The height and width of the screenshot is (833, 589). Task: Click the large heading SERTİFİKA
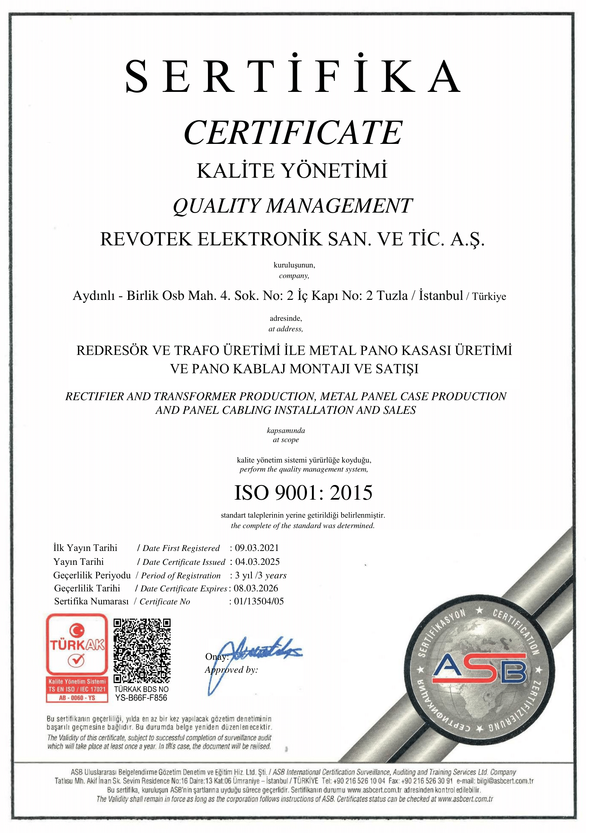pos(293,77)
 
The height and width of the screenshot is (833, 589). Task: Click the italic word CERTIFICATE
pos(293,132)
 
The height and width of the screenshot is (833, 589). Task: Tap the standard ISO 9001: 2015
pos(303,493)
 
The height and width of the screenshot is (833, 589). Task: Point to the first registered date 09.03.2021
pos(257,548)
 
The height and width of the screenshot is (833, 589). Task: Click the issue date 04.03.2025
pos(257,562)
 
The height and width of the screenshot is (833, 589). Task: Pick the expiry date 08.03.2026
pos(256,588)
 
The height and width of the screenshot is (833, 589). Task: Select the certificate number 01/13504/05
pos(259,601)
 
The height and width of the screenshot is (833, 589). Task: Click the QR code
pos(142,651)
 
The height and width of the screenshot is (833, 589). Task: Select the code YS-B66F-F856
pos(141,698)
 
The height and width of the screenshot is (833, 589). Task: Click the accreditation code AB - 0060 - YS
pos(77,698)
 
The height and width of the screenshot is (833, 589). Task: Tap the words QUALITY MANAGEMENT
pos(292,206)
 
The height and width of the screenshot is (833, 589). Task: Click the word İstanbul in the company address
pos(441,296)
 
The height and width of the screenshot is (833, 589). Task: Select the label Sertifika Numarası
pos(92,602)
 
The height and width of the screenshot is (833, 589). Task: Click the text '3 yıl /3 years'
pos(260,575)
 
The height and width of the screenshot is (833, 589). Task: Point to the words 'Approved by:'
pos(231,670)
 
